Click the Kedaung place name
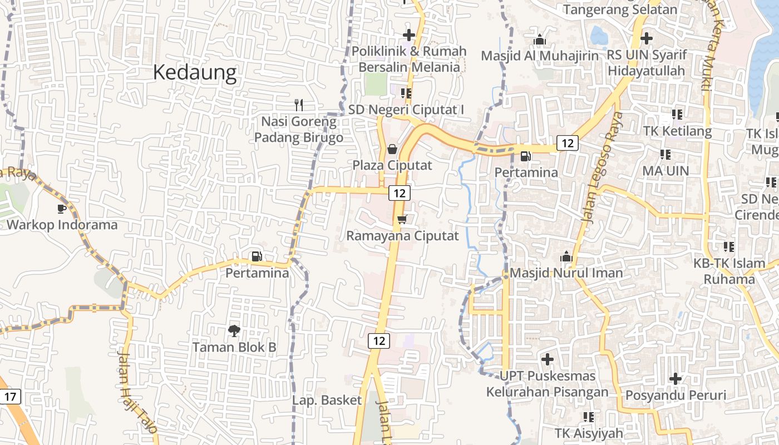point(195,73)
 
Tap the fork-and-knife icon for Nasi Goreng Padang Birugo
point(299,105)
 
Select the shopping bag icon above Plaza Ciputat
point(392,149)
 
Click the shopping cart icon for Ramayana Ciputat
point(402,219)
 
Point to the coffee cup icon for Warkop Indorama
point(62,209)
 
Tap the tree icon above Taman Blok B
point(234,331)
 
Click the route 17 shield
point(10,397)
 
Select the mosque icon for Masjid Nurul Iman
point(566,256)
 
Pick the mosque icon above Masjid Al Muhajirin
point(539,40)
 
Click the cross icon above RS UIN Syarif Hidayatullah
point(646,38)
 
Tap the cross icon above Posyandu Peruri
point(676,379)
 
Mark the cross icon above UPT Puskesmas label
point(548,359)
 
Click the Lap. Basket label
point(327,400)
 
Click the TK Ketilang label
point(677,131)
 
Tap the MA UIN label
point(665,171)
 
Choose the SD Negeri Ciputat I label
point(406,110)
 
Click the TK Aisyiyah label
point(589,433)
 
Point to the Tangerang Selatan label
point(620,9)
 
